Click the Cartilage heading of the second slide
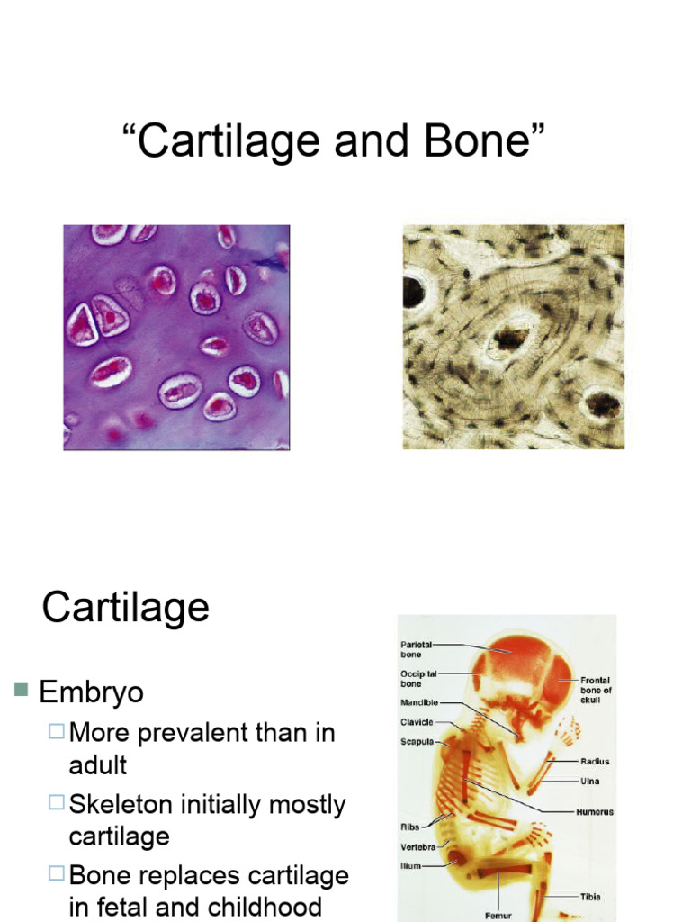click(126, 609)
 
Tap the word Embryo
click(91, 692)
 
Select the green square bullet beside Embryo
click(22, 689)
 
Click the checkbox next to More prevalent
click(57, 731)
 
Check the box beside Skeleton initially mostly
click(57, 802)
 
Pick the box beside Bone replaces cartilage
click(57, 872)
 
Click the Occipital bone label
click(418, 679)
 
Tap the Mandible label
click(419, 702)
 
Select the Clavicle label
click(417, 722)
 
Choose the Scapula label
click(417, 742)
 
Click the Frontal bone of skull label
click(596, 690)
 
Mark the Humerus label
click(595, 812)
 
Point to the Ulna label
click(590, 781)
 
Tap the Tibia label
click(590, 897)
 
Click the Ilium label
click(410, 865)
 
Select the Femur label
click(498, 916)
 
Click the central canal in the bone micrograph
click(511, 338)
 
